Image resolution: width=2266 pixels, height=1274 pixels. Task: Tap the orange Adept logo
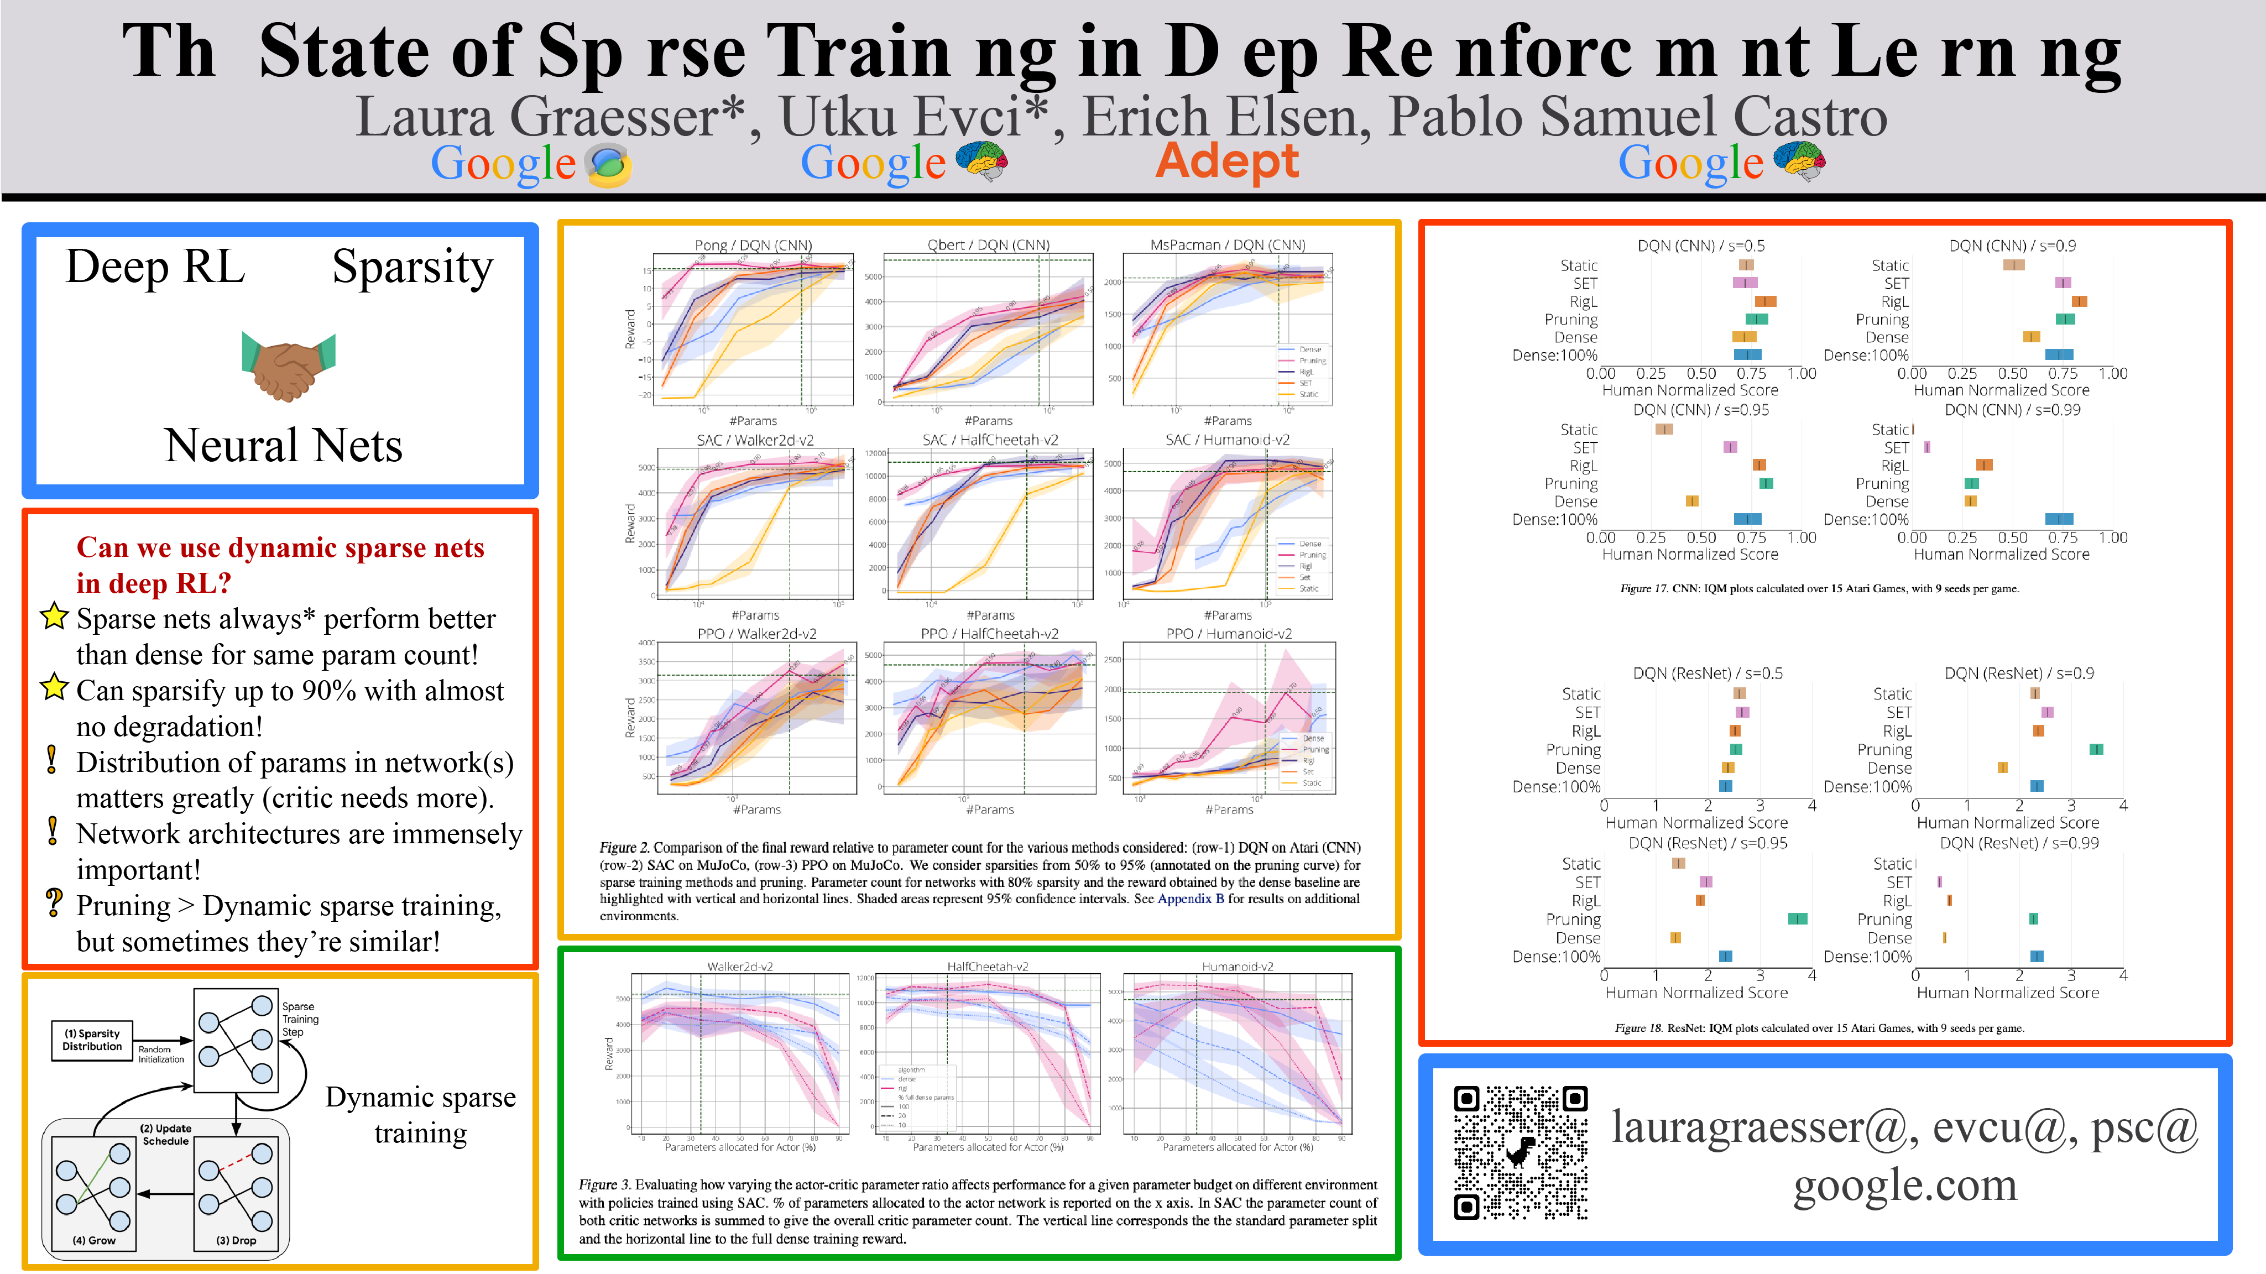(1226, 161)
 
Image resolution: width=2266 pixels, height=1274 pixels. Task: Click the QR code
(1520, 1152)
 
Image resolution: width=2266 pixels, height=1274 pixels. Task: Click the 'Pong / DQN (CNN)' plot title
(753, 244)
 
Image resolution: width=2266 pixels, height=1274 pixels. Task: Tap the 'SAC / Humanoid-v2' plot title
(1226, 439)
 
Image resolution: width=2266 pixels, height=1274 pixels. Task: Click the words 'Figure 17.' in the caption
(1643, 588)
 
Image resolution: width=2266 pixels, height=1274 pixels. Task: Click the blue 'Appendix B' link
(1190, 899)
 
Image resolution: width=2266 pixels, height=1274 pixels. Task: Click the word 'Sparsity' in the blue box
(413, 268)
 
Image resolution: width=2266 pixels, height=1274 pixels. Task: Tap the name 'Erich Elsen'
(1225, 117)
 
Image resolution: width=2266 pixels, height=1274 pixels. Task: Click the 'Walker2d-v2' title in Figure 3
(740, 966)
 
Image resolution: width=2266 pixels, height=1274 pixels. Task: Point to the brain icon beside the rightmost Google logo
(1799, 161)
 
